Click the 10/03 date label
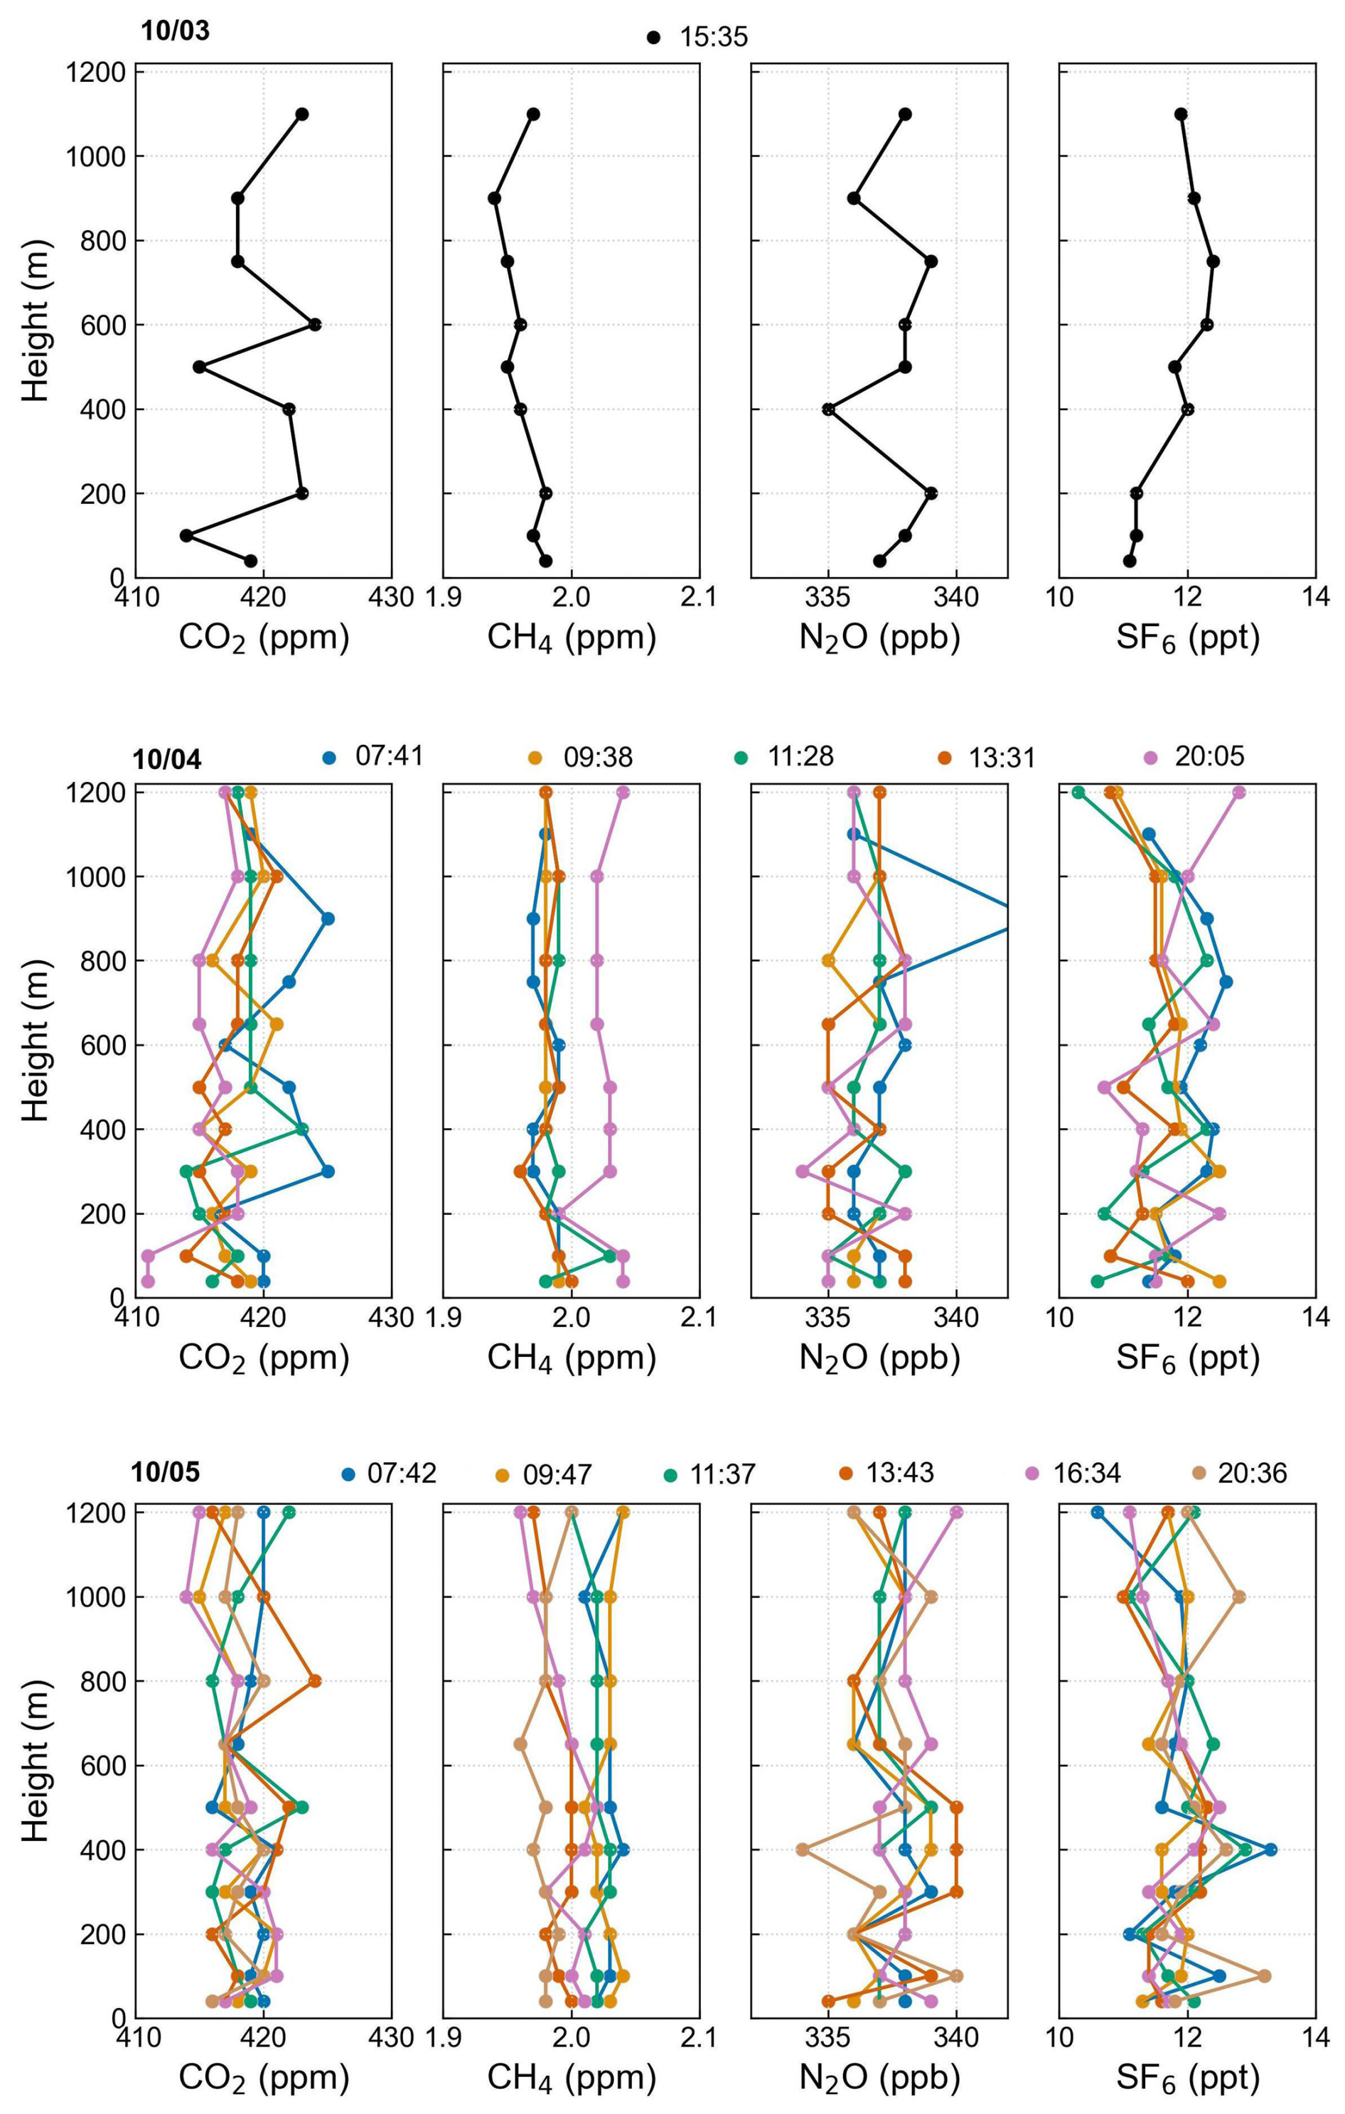[x=176, y=31]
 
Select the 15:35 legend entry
[x=698, y=37]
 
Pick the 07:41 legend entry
[x=374, y=757]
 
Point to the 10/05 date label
[x=166, y=1472]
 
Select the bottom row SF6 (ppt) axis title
[x=1187, y=2077]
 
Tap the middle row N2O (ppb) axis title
[x=879, y=1357]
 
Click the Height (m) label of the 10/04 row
[x=36, y=1041]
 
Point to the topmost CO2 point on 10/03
[x=302, y=114]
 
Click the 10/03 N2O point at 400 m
[x=828, y=409]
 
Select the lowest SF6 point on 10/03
[x=1130, y=561]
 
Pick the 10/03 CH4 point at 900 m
[x=494, y=198]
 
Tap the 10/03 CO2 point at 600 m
[x=314, y=325]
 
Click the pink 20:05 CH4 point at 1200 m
[x=623, y=793]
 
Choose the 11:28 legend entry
[x=786, y=757]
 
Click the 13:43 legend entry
[x=886, y=1473]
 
